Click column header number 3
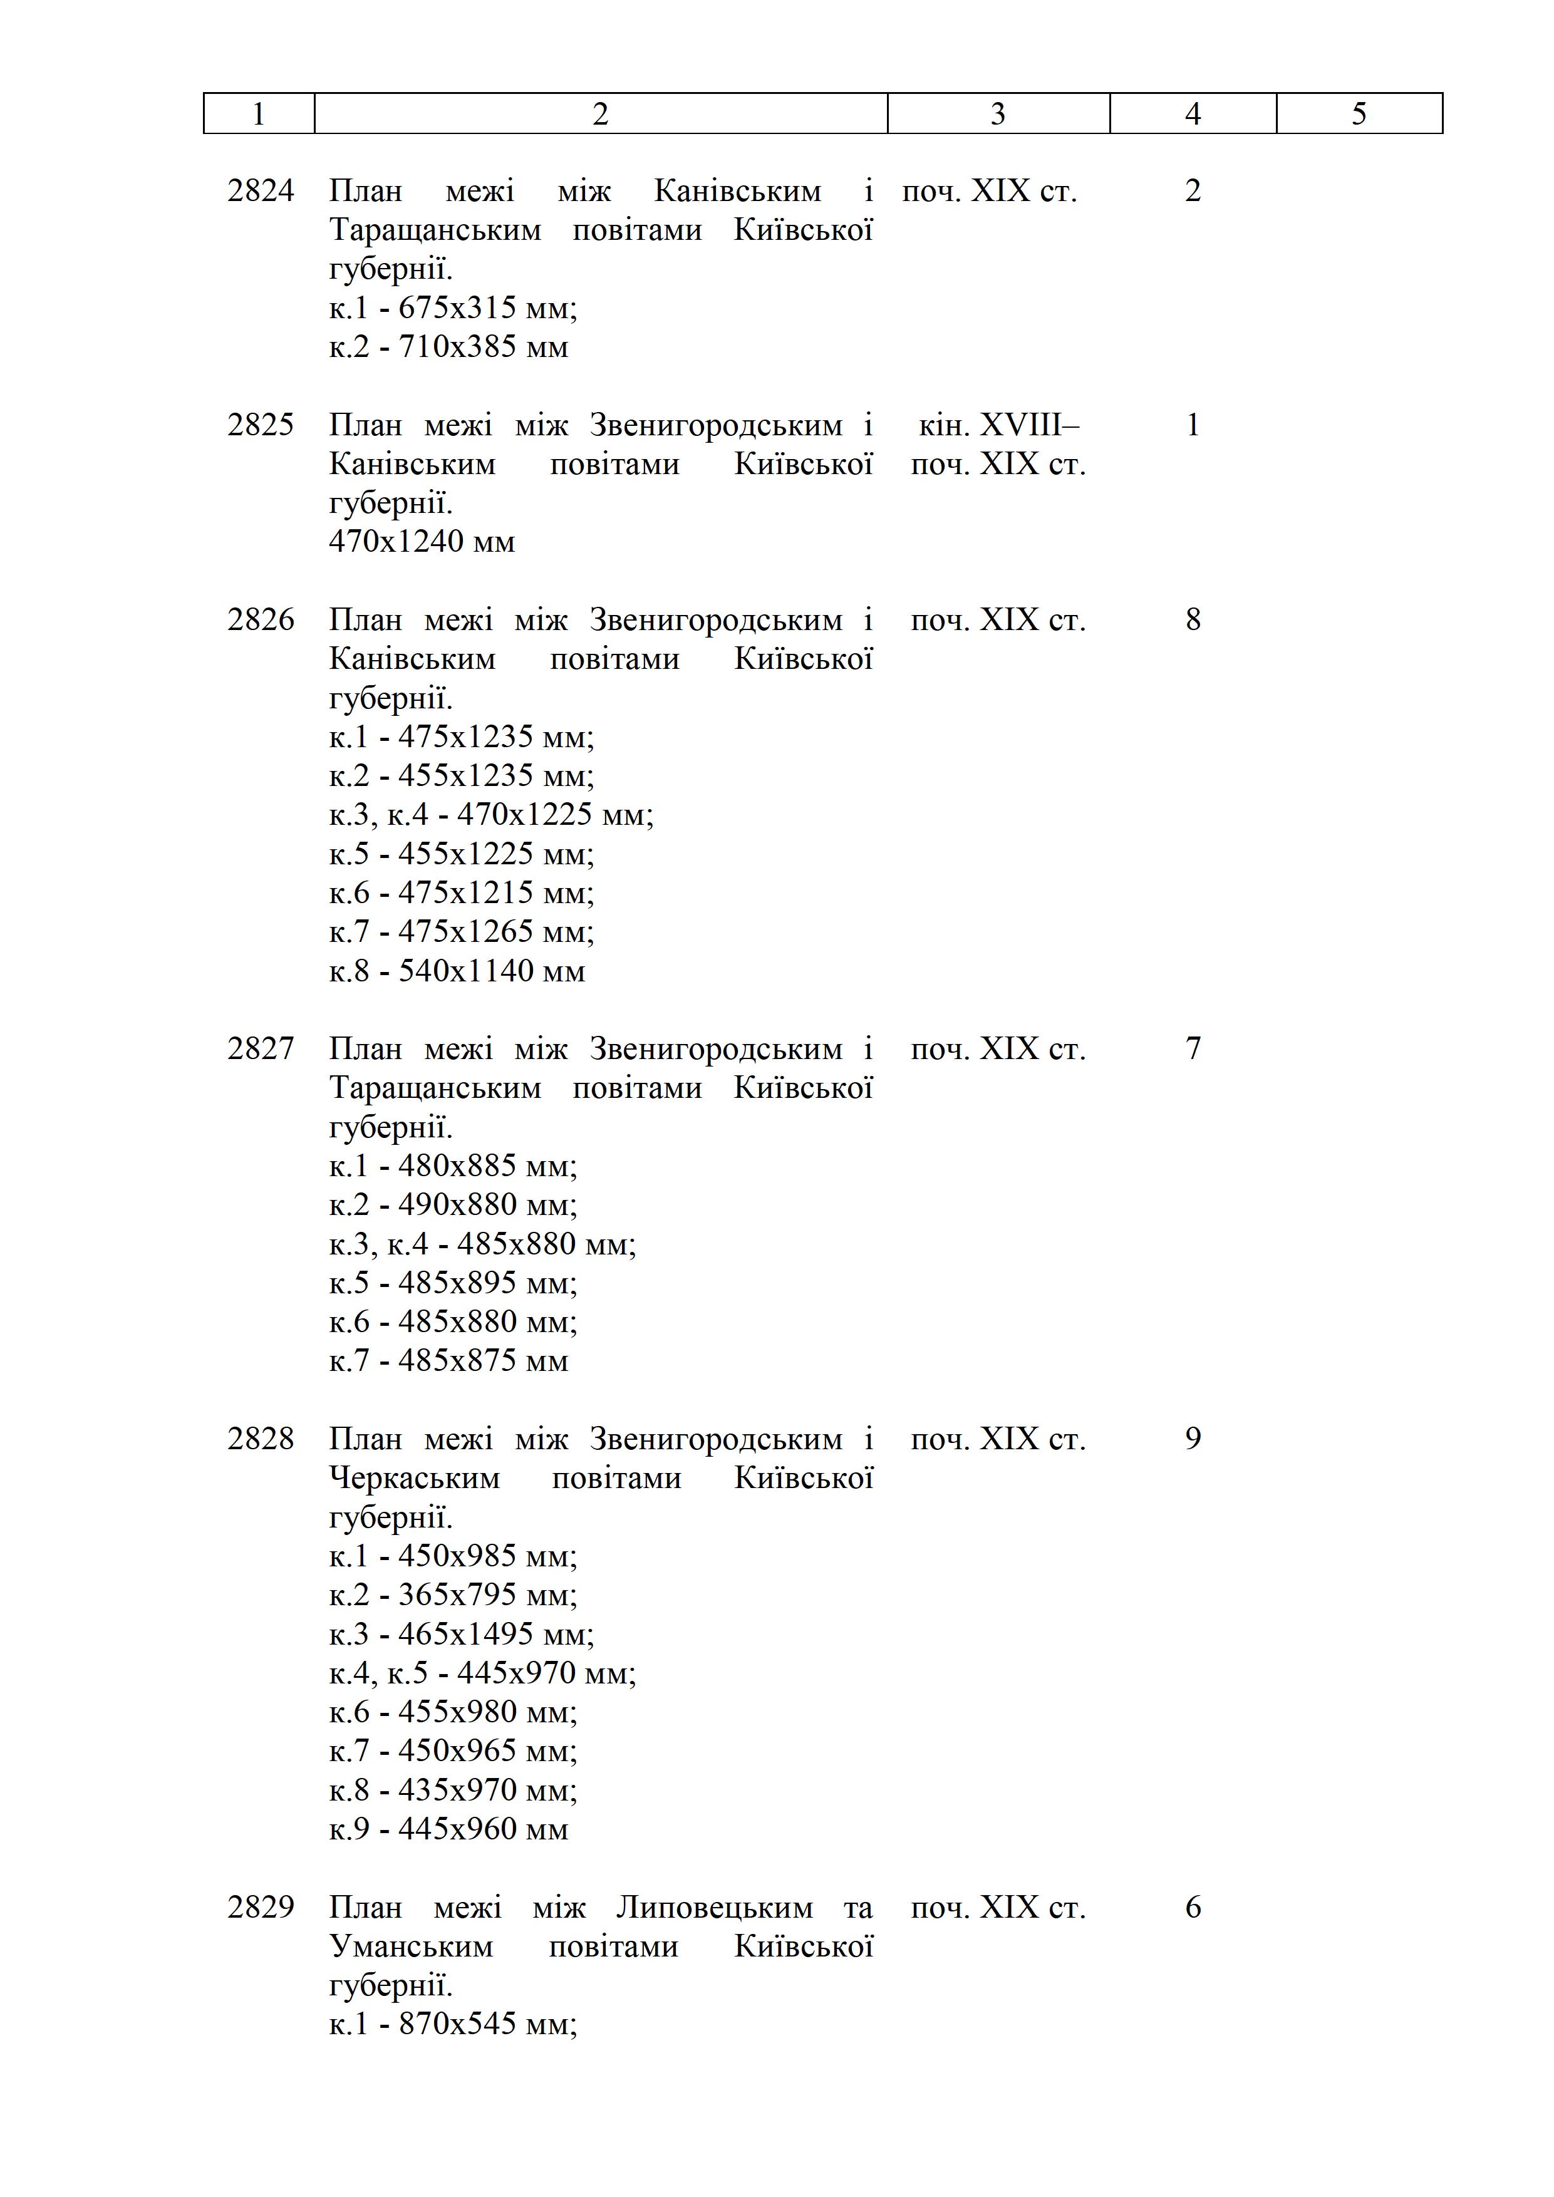(x=997, y=114)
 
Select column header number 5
(x=1359, y=114)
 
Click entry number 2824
(x=261, y=192)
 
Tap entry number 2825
(x=261, y=425)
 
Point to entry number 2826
(x=261, y=620)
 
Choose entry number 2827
(x=261, y=1050)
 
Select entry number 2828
(x=261, y=1440)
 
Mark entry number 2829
(x=261, y=1908)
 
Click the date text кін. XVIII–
(x=998, y=425)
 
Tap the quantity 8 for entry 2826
(x=1193, y=620)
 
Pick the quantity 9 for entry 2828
(x=1193, y=1440)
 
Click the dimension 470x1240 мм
(x=422, y=542)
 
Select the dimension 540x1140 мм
(x=491, y=971)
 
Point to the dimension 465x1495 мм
(x=495, y=1635)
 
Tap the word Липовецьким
(x=714, y=1908)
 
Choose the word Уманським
(x=412, y=1947)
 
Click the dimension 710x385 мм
(x=482, y=346)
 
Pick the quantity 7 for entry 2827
(x=1193, y=1050)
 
